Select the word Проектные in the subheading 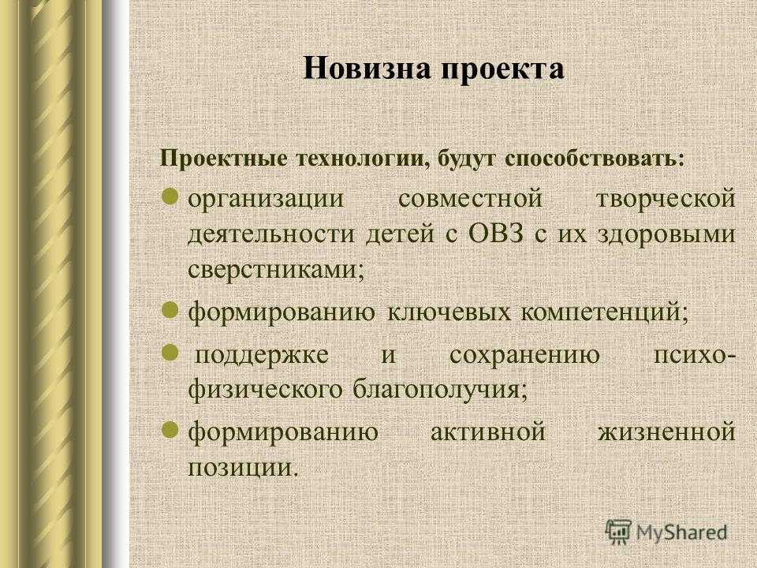[x=223, y=159]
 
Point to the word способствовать [x=595, y=159]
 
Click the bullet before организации [x=170, y=196]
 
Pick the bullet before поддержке [x=170, y=353]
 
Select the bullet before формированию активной [x=170, y=429]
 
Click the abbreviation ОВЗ [x=496, y=234]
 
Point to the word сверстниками [x=276, y=270]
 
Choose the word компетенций [x=605, y=312]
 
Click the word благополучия [x=440, y=389]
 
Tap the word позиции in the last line [x=240, y=468]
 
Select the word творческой [x=666, y=199]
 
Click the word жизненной [x=667, y=432]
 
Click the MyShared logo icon [x=618, y=532]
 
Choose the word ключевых [x=449, y=312]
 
